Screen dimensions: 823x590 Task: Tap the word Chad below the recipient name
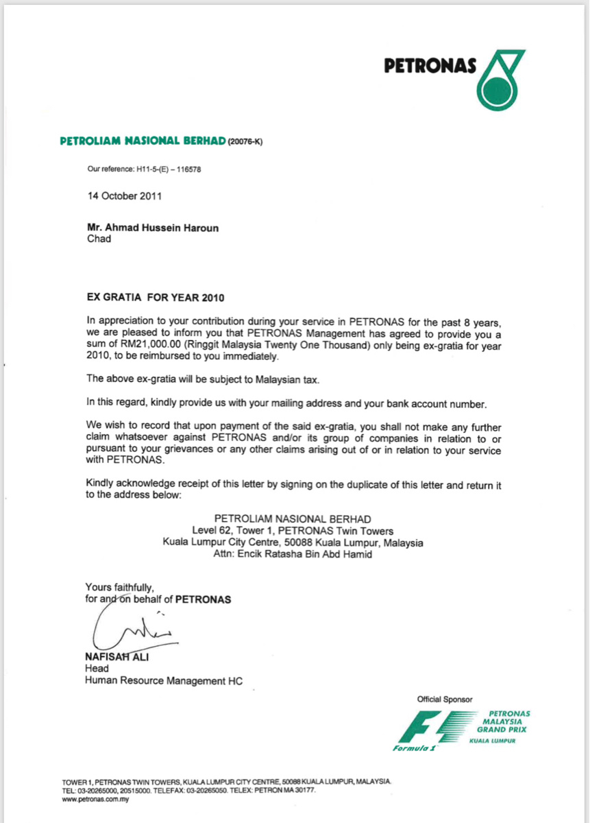99,240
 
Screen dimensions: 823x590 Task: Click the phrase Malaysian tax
287,379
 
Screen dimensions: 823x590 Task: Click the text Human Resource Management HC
163,681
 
